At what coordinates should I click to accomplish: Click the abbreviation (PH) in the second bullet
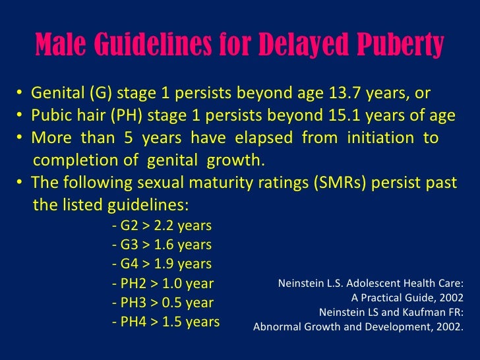(129, 115)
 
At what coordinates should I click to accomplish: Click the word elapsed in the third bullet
(262, 138)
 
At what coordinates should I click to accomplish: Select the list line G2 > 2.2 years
(162, 226)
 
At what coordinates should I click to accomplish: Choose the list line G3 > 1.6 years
(162, 245)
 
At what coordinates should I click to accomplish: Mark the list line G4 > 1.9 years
(162, 264)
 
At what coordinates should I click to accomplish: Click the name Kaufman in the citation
(413, 312)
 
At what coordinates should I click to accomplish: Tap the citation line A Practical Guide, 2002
(408, 297)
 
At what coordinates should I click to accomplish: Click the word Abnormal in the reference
(276, 326)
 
